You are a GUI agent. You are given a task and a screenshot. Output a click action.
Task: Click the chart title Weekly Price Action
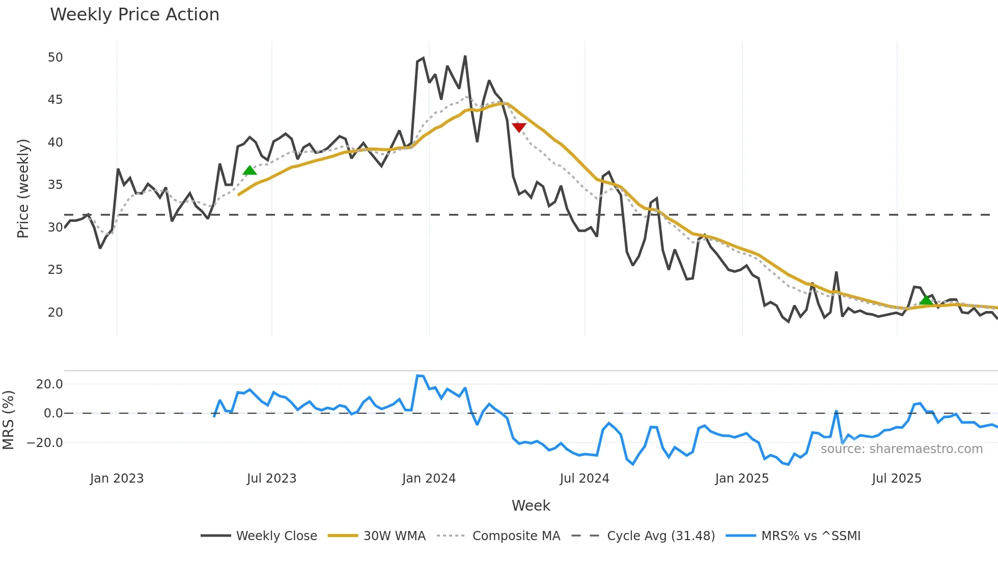pyautogui.click(x=134, y=15)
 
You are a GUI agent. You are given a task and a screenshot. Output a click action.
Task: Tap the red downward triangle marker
pyautogui.click(x=518, y=127)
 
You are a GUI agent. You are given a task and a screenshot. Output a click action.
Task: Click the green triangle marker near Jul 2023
pyautogui.click(x=249, y=171)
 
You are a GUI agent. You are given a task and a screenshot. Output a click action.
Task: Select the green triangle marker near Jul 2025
pyautogui.click(x=926, y=300)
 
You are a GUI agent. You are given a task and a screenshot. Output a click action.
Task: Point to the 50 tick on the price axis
pyautogui.click(x=55, y=58)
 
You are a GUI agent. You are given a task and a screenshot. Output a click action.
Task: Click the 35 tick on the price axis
pyautogui.click(x=55, y=185)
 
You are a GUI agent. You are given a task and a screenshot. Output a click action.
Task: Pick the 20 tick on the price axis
pyautogui.click(x=55, y=313)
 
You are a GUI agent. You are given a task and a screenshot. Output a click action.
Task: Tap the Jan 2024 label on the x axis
pyautogui.click(x=429, y=479)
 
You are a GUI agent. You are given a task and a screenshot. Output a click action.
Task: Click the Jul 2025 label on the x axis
pyautogui.click(x=896, y=479)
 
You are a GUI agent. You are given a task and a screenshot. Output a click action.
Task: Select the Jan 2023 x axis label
pyautogui.click(x=117, y=479)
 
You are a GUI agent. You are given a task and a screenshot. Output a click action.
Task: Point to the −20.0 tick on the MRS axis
pyautogui.click(x=45, y=443)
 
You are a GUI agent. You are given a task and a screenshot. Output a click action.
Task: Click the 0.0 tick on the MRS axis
pyautogui.click(x=53, y=413)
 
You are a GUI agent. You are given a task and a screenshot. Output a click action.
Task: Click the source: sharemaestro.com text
pyautogui.click(x=901, y=449)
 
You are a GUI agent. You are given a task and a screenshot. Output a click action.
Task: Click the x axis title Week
pyautogui.click(x=531, y=506)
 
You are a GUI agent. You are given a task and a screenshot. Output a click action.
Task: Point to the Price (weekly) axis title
pyautogui.click(x=23, y=188)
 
